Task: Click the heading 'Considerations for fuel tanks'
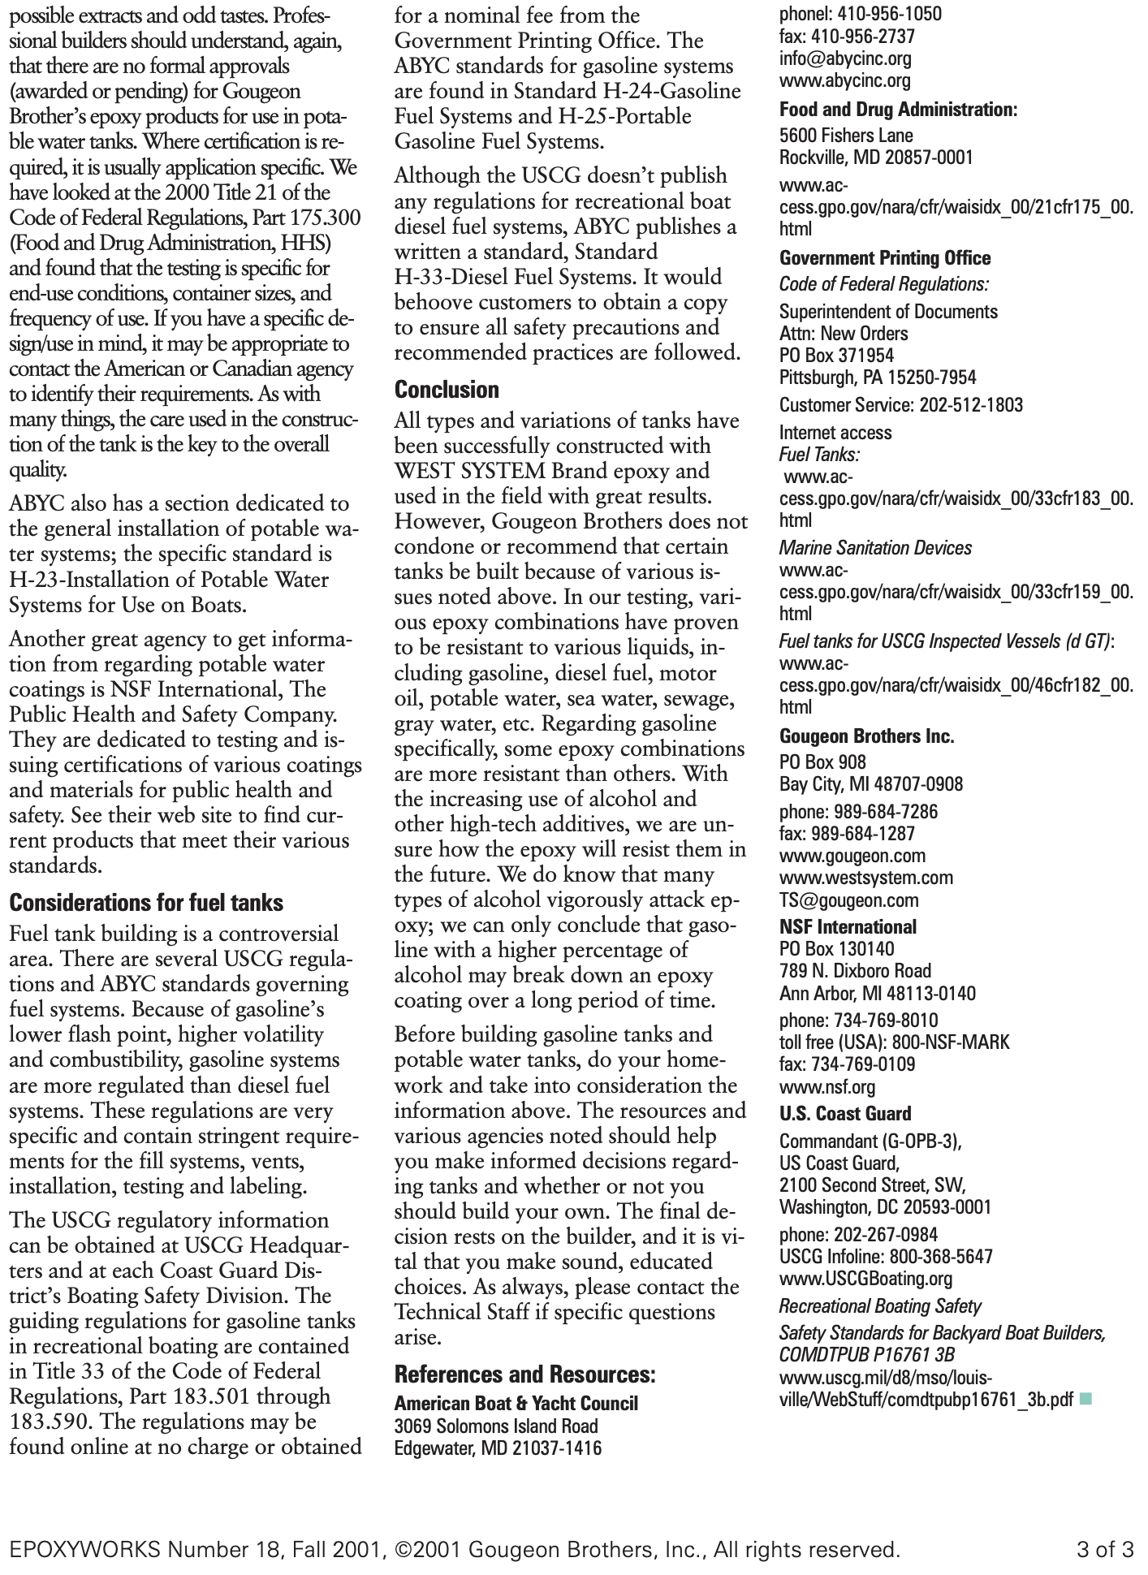[x=146, y=903]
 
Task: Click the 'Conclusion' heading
[x=447, y=390]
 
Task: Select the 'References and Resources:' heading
[x=524, y=1374]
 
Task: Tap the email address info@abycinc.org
[x=845, y=58]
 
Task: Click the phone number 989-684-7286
[x=858, y=812]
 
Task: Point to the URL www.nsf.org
[x=827, y=1086]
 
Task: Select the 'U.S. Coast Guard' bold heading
[x=845, y=1114]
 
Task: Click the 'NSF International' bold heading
[x=848, y=927]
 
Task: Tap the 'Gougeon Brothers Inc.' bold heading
[x=866, y=736]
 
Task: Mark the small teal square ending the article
[x=1086, y=1398]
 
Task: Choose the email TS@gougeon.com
[x=848, y=900]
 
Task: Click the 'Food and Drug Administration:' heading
[x=898, y=109]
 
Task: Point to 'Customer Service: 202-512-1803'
[x=901, y=405]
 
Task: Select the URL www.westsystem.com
[x=866, y=878]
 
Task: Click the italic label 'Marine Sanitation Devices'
[x=875, y=548]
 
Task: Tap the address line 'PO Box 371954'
[x=836, y=356]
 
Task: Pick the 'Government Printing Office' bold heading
[x=885, y=258]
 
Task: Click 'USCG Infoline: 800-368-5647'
[x=886, y=1257]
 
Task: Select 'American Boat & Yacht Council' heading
[x=516, y=1404]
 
